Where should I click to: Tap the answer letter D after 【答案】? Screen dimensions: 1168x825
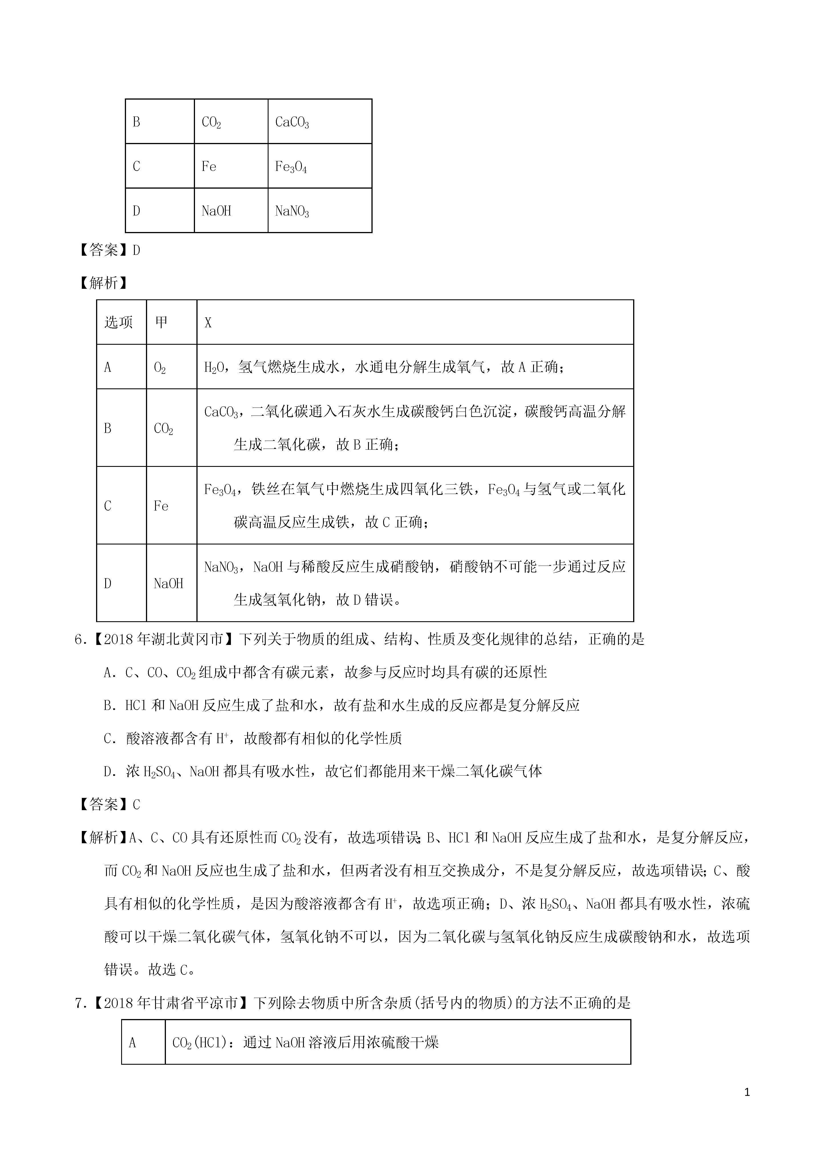pos(136,250)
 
